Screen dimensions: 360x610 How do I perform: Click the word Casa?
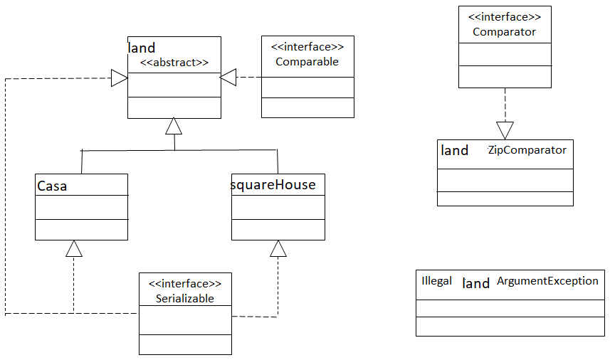tap(51, 186)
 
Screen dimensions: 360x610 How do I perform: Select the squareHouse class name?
tap(273, 185)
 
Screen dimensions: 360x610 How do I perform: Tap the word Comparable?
tap(307, 62)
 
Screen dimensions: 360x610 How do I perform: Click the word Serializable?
tap(185, 298)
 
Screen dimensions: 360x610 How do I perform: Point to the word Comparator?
tap(504, 31)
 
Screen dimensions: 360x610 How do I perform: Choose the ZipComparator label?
tap(527, 150)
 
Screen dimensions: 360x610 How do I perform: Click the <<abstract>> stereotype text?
tap(174, 62)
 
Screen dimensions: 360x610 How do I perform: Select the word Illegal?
tap(436, 280)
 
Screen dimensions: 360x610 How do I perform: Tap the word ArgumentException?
tap(547, 280)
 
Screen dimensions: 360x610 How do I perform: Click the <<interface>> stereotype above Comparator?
tap(504, 16)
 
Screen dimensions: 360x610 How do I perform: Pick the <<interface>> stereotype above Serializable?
tap(185, 283)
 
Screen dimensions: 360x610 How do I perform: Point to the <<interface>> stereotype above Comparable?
tap(307, 47)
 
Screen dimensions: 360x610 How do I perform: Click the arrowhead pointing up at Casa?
tap(73, 248)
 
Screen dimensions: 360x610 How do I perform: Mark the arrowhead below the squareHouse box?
tap(278, 248)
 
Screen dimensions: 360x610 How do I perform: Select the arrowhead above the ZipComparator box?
tap(505, 130)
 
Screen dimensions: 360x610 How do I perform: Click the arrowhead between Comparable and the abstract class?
tap(228, 78)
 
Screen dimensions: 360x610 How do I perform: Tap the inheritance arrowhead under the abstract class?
tap(174, 126)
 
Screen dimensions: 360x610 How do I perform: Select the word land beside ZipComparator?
tap(455, 150)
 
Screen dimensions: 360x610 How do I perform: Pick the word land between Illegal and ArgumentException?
tap(475, 283)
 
